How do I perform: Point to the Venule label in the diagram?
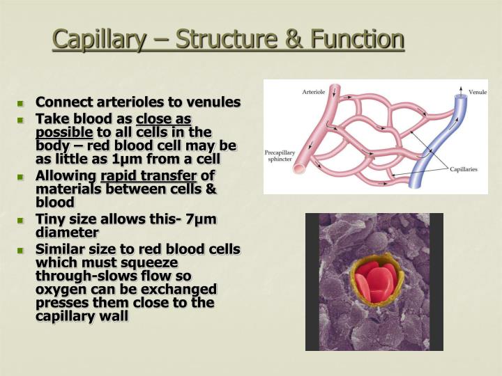click(477, 92)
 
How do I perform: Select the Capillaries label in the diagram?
click(463, 169)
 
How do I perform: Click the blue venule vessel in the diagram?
click(453, 139)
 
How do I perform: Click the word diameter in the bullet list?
click(67, 233)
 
